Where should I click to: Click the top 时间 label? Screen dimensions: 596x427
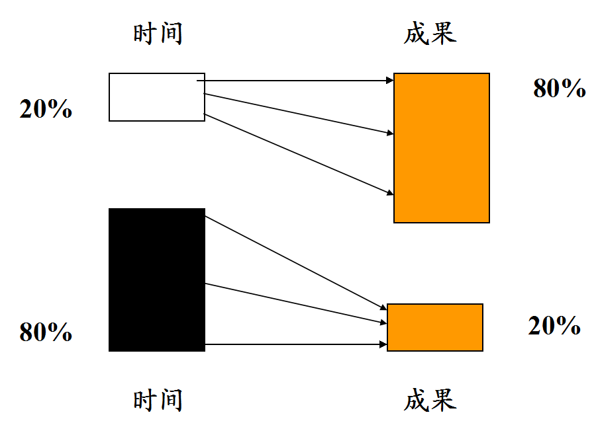click(x=158, y=34)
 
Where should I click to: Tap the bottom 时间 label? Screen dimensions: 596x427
click(x=158, y=400)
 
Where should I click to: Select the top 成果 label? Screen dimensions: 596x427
click(x=430, y=34)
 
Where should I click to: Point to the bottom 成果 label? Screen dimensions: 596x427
click(x=430, y=400)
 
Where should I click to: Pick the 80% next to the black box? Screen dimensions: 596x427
click(x=46, y=332)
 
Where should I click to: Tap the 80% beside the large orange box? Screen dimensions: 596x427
click(x=560, y=89)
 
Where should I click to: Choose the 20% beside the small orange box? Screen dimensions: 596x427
click(x=554, y=326)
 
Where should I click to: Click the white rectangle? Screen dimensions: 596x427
click(x=156, y=97)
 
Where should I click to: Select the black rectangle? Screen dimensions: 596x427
click(x=156, y=280)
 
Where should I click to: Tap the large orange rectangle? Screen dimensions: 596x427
click(x=441, y=147)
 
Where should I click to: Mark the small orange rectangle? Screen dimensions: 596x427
click(x=434, y=327)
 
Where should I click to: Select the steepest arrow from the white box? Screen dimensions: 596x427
click(x=298, y=154)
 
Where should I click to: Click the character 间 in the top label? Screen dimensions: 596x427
click(x=171, y=34)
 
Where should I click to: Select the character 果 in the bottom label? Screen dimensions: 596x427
click(x=444, y=400)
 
